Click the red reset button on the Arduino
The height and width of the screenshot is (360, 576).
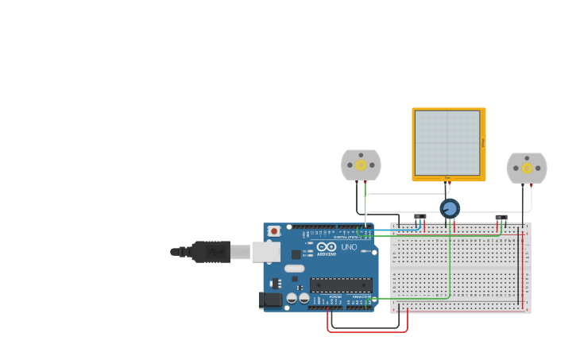(274, 231)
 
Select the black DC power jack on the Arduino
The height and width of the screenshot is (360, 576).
(270, 300)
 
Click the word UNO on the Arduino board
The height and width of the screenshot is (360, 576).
(349, 247)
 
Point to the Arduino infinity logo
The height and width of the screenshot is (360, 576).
(326, 247)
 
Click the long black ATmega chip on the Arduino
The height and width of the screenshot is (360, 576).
(341, 285)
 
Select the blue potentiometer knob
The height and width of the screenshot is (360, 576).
(450, 209)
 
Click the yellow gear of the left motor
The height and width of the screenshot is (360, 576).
(361, 165)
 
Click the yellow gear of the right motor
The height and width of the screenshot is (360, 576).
(527, 168)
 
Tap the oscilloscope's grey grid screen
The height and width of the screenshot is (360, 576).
(448, 143)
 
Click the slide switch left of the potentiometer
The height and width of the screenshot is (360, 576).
(419, 217)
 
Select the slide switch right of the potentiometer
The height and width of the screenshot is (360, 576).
(501, 218)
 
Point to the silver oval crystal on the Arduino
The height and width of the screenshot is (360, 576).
(295, 269)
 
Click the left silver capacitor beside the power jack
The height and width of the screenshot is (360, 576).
(292, 298)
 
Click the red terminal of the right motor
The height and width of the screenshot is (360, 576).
(532, 186)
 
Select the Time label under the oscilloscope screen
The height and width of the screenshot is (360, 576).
(447, 178)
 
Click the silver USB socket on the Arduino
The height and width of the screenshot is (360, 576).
(266, 252)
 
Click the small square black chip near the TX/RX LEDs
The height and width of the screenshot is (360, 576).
(296, 254)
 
